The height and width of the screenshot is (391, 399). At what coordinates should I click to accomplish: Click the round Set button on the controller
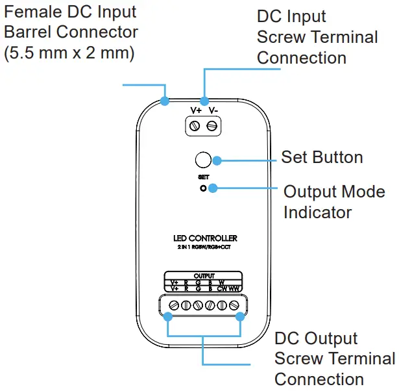(203, 160)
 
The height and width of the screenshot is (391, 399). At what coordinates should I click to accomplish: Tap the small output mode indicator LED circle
(203, 188)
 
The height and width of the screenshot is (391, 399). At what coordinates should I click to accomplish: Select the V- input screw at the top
(212, 125)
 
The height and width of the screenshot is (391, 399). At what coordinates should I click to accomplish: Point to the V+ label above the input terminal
(195, 110)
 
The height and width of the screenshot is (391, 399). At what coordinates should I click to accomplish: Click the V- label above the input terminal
(213, 110)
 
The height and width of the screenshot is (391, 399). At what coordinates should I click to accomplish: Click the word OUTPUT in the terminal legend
(204, 276)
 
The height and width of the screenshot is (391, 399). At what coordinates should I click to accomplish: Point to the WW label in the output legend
(235, 288)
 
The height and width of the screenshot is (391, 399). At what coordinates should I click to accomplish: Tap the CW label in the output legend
(222, 288)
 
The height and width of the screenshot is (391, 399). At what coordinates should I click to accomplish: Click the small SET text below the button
(203, 177)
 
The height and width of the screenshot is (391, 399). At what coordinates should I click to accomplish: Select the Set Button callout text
(322, 157)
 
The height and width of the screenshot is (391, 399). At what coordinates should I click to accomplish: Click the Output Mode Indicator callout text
(334, 202)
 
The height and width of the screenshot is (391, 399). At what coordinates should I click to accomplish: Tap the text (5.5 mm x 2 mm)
(69, 53)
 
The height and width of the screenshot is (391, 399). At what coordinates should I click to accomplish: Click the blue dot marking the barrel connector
(165, 101)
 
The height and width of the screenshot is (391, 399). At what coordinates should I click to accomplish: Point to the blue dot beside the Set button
(217, 160)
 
